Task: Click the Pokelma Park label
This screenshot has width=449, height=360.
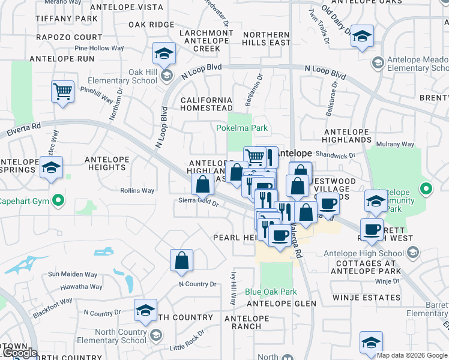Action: coord(242,128)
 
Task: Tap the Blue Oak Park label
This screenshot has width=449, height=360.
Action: coord(271,292)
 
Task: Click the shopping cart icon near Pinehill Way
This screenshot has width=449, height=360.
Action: coord(62,92)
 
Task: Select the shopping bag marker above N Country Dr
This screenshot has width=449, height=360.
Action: coord(181,261)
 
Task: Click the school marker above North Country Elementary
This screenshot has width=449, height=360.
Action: coord(145,311)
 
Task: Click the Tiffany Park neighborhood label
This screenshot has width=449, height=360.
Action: coord(66,19)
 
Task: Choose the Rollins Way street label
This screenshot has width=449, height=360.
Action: coord(137,191)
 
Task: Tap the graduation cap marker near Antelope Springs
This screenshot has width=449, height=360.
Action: coord(52,169)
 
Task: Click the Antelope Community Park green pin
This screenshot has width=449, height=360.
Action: coord(426,190)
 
